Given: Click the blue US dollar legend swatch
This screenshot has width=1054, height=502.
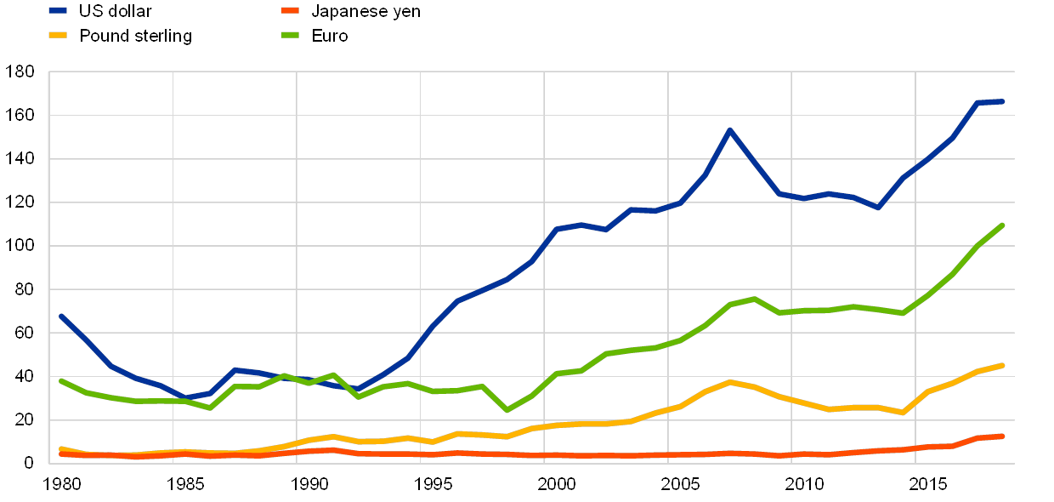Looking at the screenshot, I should (x=59, y=11).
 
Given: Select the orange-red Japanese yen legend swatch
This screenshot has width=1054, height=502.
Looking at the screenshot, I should (x=292, y=11).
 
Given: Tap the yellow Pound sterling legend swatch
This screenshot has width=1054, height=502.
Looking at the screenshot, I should (x=59, y=36).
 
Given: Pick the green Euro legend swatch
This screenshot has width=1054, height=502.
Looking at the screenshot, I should (x=292, y=36).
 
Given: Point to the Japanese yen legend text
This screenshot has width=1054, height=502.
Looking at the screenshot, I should (x=365, y=11).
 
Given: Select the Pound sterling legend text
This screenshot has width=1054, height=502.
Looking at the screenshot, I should (x=136, y=36).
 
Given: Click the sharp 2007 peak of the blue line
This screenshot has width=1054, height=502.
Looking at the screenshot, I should (x=729, y=130).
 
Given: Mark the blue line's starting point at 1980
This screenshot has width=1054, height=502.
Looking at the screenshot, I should (x=61, y=316).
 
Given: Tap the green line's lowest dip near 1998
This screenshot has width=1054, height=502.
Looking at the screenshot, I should (x=507, y=411).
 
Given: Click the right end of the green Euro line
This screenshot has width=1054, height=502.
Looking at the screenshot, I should (x=1002, y=225).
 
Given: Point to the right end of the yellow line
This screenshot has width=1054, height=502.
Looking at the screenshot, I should (x=1002, y=366).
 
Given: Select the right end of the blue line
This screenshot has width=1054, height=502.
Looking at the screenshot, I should (x=1002, y=101).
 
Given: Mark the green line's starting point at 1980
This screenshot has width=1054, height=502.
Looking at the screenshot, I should (x=61, y=380).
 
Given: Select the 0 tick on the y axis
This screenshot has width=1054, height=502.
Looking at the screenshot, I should (x=28, y=463).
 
